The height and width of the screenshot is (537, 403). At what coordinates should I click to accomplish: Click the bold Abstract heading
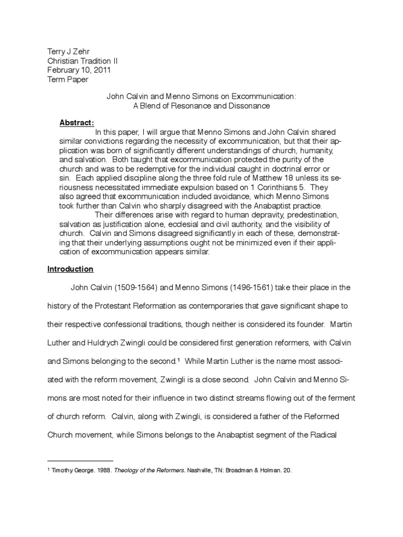coord(77,122)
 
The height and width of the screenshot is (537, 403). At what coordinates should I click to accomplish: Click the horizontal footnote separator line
coord(80,459)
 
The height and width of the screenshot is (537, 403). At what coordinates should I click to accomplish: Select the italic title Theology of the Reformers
coord(138,470)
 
